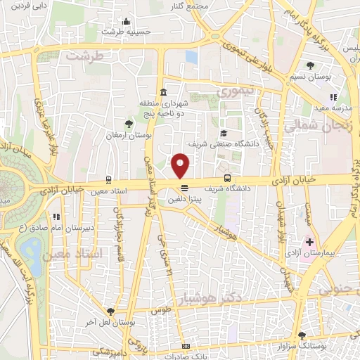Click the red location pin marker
point(181,166)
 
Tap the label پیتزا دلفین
point(181,199)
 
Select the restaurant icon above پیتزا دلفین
point(184,188)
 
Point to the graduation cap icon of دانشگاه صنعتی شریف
point(224,133)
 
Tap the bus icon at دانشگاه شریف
point(226,178)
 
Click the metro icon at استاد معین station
point(109,180)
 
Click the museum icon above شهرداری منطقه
point(163,92)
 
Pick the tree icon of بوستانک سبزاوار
point(302,335)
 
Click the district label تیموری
point(238,91)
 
